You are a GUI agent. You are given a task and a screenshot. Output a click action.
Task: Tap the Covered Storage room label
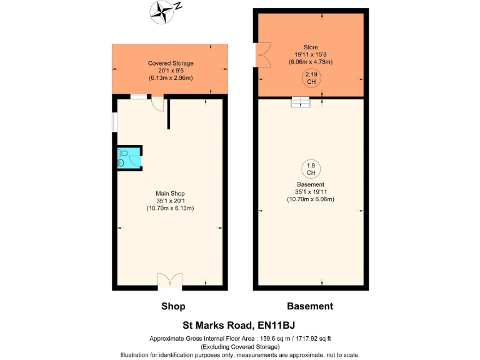(x=171, y=63)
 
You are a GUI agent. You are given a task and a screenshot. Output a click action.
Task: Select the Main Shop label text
(x=171, y=193)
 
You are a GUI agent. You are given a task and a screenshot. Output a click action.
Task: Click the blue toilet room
(x=129, y=157)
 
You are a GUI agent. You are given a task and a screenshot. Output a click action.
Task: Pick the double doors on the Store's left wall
(x=263, y=54)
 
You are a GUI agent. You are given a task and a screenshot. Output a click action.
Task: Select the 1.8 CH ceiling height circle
(x=311, y=169)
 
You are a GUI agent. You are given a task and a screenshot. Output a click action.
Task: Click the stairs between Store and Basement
(x=301, y=102)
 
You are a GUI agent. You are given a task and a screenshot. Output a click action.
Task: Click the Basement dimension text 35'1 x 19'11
(x=311, y=192)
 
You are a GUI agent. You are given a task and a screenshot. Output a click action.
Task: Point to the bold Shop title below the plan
(x=173, y=306)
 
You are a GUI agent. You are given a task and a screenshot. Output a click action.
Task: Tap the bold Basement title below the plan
(x=310, y=306)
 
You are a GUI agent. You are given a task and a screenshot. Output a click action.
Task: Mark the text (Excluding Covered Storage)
(x=239, y=346)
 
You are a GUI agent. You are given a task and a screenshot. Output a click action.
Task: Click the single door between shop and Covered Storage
(x=159, y=102)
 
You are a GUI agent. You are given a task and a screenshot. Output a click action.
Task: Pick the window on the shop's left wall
(x=114, y=122)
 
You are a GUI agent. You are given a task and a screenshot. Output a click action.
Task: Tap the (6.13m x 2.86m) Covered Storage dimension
(x=171, y=78)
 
